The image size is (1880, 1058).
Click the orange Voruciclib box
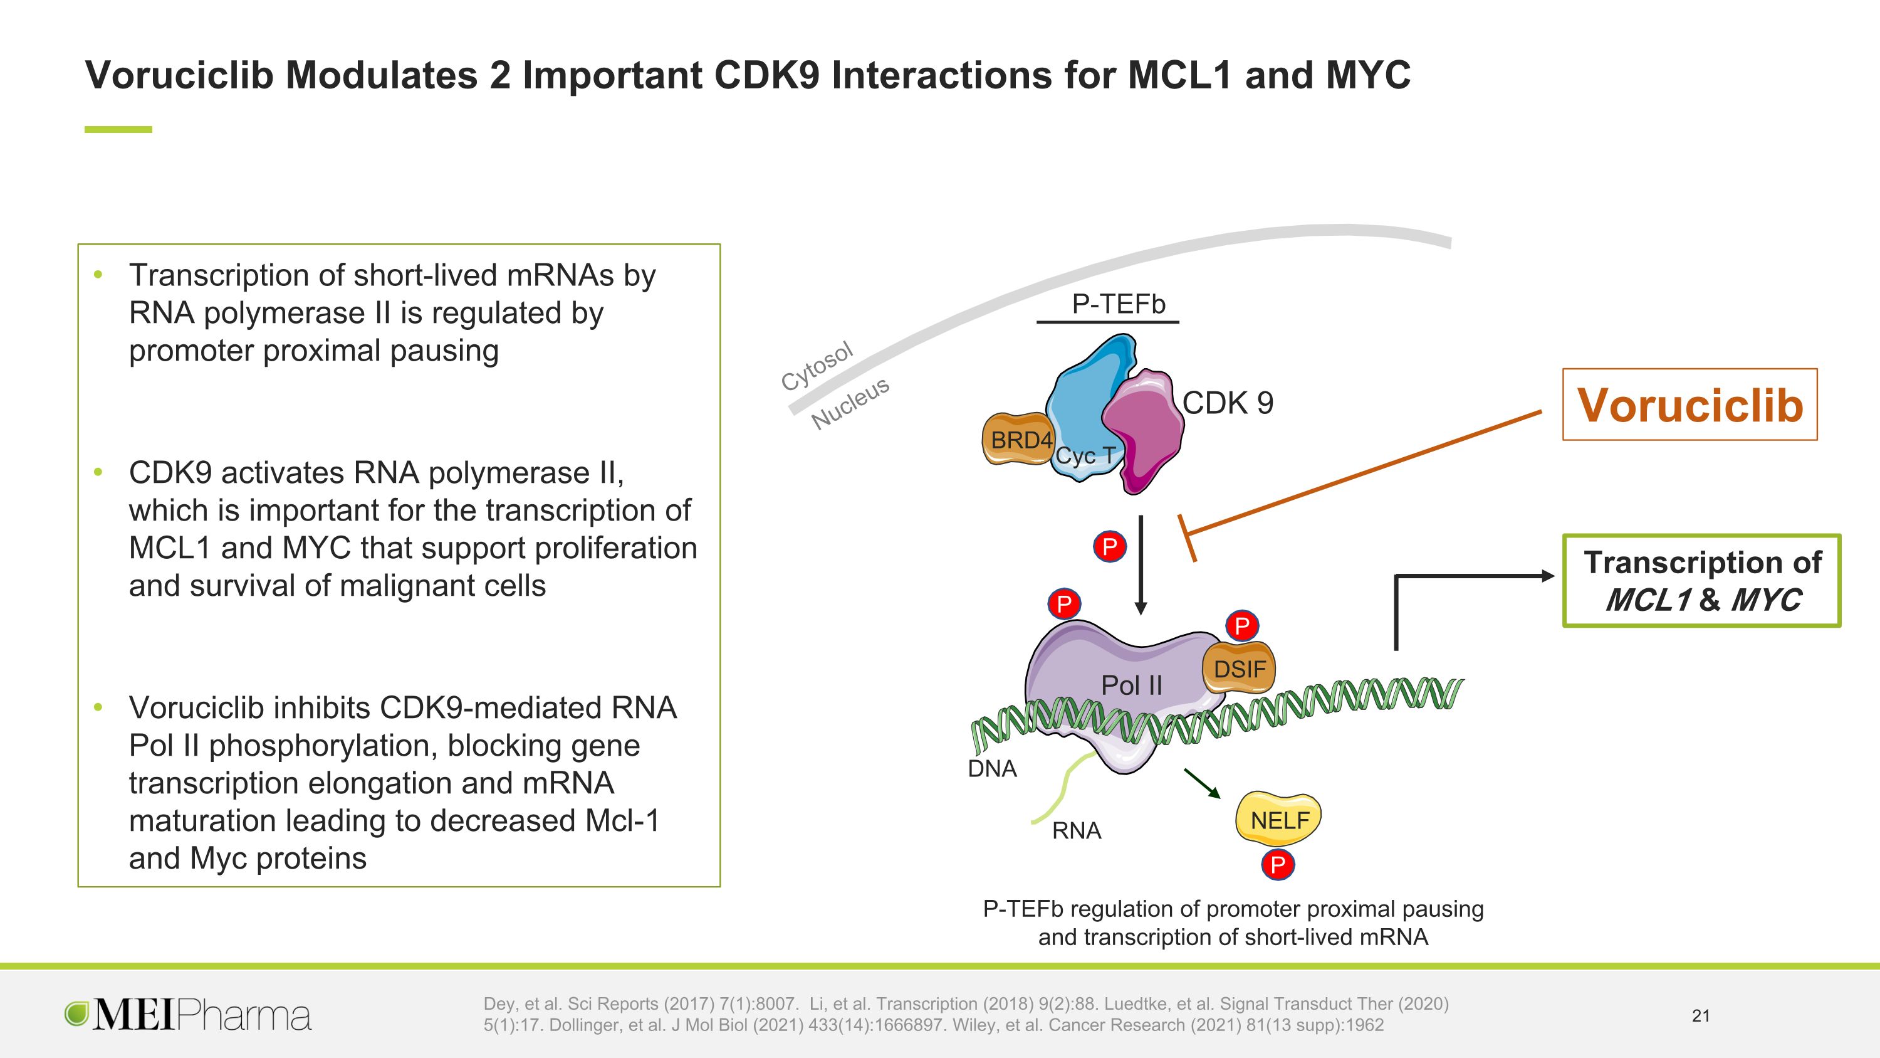click(1689, 405)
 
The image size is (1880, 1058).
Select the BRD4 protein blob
click(1019, 439)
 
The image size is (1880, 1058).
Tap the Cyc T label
click(1085, 455)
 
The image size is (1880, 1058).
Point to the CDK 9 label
click(1228, 403)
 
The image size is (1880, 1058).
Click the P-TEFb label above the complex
click(1119, 304)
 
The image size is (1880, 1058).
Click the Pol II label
click(1131, 685)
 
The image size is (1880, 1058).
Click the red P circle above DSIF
click(1241, 626)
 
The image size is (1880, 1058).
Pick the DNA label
click(992, 769)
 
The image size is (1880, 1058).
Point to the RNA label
click(1077, 831)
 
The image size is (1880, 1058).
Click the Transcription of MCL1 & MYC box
click(1702, 581)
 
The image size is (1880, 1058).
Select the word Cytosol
click(816, 366)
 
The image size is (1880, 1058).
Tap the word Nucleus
click(850, 403)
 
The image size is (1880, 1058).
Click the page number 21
click(1701, 1015)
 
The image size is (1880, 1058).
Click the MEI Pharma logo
click(187, 1015)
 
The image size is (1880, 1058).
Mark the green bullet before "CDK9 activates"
click(98, 472)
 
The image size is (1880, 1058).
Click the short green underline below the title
click(118, 129)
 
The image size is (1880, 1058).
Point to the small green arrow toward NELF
click(1202, 783)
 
